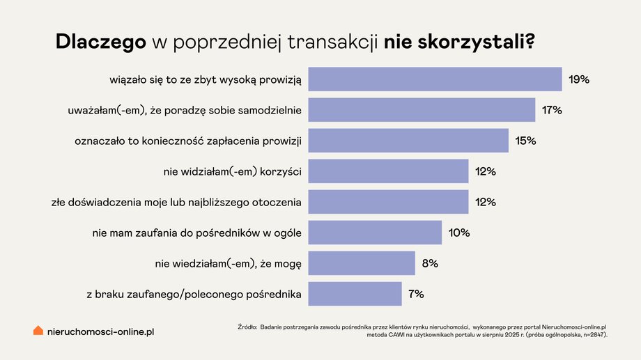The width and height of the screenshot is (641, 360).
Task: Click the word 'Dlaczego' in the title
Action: click(x=100, y=42)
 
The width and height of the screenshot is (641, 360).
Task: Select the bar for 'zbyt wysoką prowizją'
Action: click(x=435, y=79)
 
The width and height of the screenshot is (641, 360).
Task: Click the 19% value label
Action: click(x=578, y=79)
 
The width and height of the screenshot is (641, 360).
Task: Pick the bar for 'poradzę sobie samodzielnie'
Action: click(x=422, y=110)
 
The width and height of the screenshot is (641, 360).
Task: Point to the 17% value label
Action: click(x=552, y=110)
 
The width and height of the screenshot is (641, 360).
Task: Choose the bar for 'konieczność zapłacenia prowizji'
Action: click(x=408, y=141)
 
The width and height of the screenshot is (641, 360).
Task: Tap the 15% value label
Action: click(x=525, y=141)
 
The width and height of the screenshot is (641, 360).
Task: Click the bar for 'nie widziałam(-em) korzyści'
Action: click(x=388, y=171)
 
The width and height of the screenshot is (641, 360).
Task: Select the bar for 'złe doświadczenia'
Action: click(x=388, y=202)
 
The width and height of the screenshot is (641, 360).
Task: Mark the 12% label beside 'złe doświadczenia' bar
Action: click(x=485, y=202)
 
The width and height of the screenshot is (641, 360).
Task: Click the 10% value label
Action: click(x=459, y=233)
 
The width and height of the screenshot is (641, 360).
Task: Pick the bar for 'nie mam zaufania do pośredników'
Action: click(x=375, y=233)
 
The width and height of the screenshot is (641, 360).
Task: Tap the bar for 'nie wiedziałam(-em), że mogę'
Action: click(x=362, y=263)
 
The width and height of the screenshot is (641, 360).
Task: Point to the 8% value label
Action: click(x=429, y=263)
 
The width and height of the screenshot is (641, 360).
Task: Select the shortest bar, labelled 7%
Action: click(x=355, y=294)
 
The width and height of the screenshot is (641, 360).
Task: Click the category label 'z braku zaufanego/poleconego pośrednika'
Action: click(x=194, y=294)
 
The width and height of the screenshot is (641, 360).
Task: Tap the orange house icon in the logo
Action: click(x=38, y=331)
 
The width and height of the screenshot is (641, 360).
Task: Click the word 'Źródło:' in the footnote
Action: click(x=247, y=326)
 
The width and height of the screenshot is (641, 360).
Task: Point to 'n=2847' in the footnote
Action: click(x=592, y=335)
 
